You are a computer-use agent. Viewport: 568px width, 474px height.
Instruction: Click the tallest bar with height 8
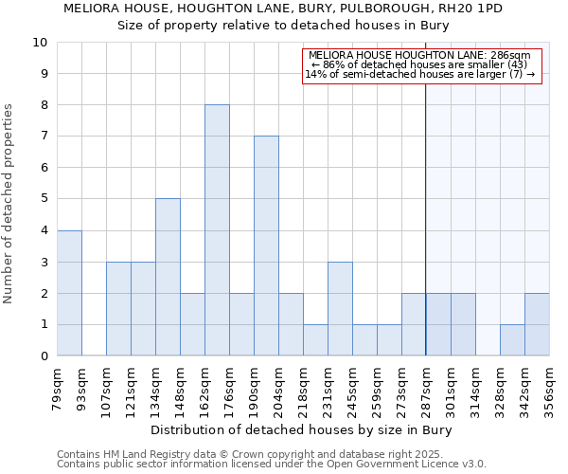pyautogui.click(x=217, y=230)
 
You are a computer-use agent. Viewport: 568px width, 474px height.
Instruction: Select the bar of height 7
pyautogui.click(x=266, y=246)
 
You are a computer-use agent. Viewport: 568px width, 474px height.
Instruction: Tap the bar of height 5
pyautogui.click(x=168, y=277)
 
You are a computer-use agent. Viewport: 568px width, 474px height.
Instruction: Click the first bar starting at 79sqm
pyautogui.click(x=69, y=293)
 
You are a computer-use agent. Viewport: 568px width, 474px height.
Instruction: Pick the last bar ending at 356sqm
pyautogui.click(x=537, y=324)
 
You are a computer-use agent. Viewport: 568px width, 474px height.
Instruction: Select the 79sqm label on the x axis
pyautogui.click(x=57, y=389)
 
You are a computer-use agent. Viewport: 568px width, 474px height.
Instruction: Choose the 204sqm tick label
pyautogui.click(x=278, y=389)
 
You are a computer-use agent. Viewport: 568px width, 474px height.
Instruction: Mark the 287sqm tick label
pyautogui.click(x=426, y=389)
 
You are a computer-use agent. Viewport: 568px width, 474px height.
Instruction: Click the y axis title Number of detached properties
pyautogui.click(x=9, y=204)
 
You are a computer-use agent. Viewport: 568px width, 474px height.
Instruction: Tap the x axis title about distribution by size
pyautogui.click(x=302, y=430)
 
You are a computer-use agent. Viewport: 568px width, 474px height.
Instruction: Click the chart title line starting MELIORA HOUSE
pyautogui.click(x=283, y=9)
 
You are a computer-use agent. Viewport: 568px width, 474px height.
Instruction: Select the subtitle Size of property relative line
pyautogui.click(x=283, y=25)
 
